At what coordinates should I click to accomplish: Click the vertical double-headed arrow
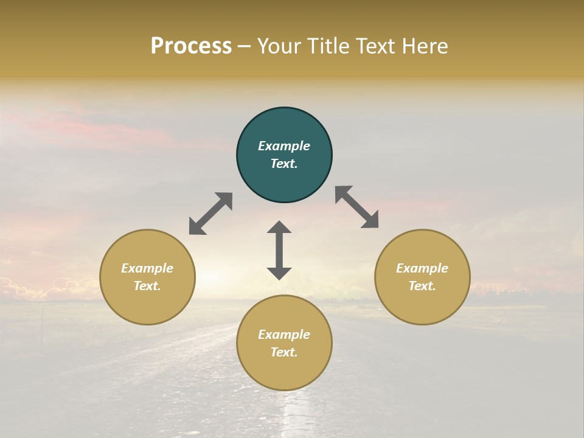(279, 250)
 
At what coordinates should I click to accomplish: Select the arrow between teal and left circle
(210, 214)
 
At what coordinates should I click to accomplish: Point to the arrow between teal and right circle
(357, 207)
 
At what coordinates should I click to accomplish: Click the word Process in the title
(191, 46)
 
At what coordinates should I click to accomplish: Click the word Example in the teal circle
(284, 146)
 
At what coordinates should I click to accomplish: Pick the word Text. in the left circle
(147, 286)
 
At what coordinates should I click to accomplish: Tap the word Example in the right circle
(422, 268)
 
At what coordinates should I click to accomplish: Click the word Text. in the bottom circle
(284, 352)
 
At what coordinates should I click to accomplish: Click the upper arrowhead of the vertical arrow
(279, 228)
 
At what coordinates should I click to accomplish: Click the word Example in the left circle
(147, 268)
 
